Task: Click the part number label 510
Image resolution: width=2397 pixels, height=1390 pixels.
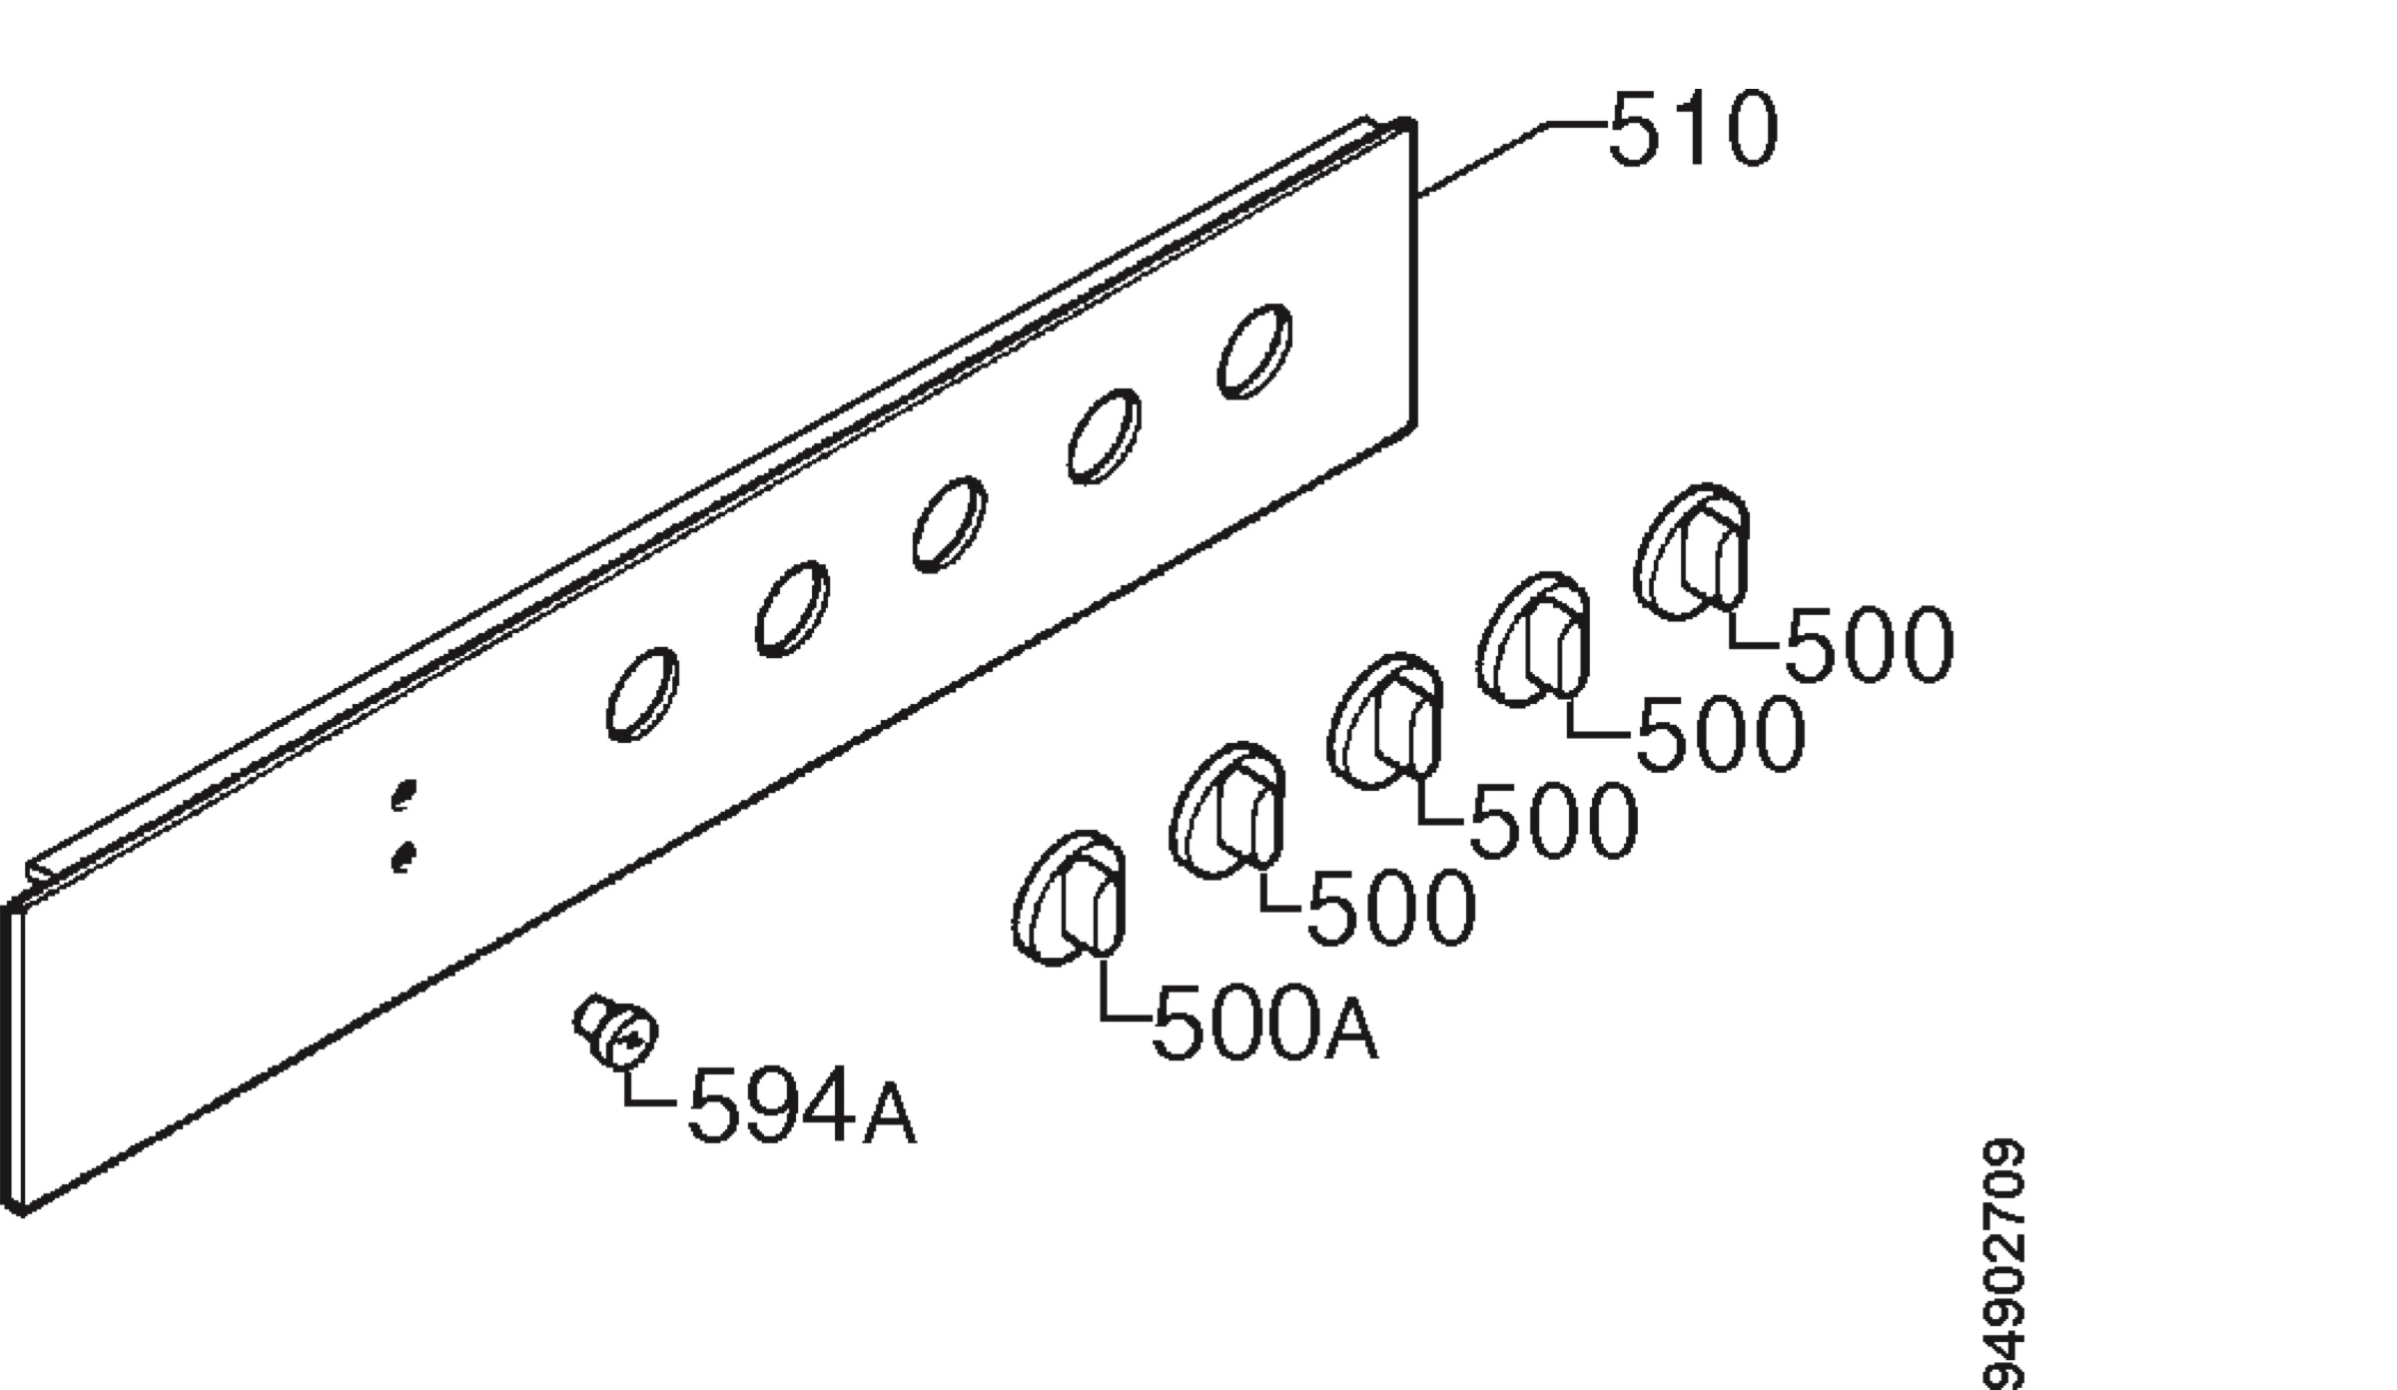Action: tap(1693, 129)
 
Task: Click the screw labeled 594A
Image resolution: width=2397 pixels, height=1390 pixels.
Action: tap(616, 1032)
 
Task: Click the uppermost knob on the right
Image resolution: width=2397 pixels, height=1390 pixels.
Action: tap(1692, 551)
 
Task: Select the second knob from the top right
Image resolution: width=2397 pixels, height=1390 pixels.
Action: tap(1533, 640)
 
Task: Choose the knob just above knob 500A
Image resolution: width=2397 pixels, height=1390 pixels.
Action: tap(1227, 811)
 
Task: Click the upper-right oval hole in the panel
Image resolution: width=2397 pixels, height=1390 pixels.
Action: tap(1254, 351)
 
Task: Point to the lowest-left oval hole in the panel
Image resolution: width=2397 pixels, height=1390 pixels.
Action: tap(642, 694)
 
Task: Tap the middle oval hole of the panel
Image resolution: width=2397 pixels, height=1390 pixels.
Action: tap(949, 524)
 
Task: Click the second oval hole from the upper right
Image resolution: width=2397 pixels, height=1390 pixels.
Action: tap(1104, 436)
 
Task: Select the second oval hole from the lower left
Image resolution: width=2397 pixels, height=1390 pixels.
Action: tap(792, 609)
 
